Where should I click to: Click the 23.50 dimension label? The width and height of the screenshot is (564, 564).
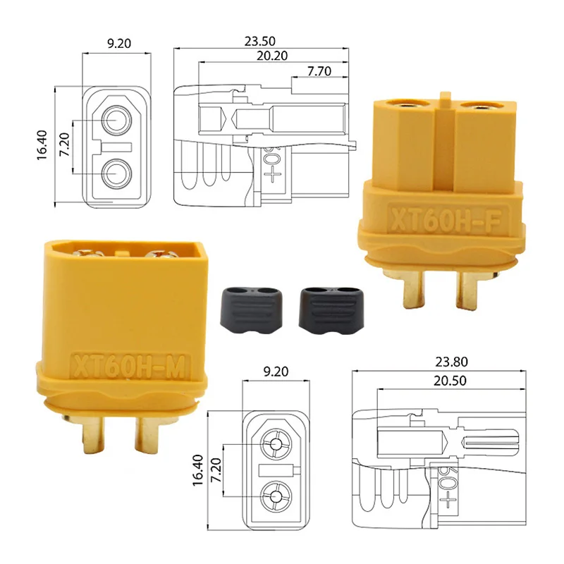point(259,42)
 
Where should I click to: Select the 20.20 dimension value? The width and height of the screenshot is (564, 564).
point(272,56)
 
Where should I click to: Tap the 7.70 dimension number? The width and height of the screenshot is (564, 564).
point(319,71)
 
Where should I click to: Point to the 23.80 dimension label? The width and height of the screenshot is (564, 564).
point(451,362)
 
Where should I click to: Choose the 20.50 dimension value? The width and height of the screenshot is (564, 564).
point(450,381)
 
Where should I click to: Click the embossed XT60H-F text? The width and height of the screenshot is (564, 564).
point(446,220)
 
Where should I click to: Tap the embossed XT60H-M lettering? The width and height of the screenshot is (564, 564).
point(129,367)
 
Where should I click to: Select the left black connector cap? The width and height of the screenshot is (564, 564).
point(251,310)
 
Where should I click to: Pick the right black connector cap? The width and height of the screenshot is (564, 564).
point(331,310)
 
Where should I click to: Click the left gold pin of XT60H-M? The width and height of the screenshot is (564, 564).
point(93,434)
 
